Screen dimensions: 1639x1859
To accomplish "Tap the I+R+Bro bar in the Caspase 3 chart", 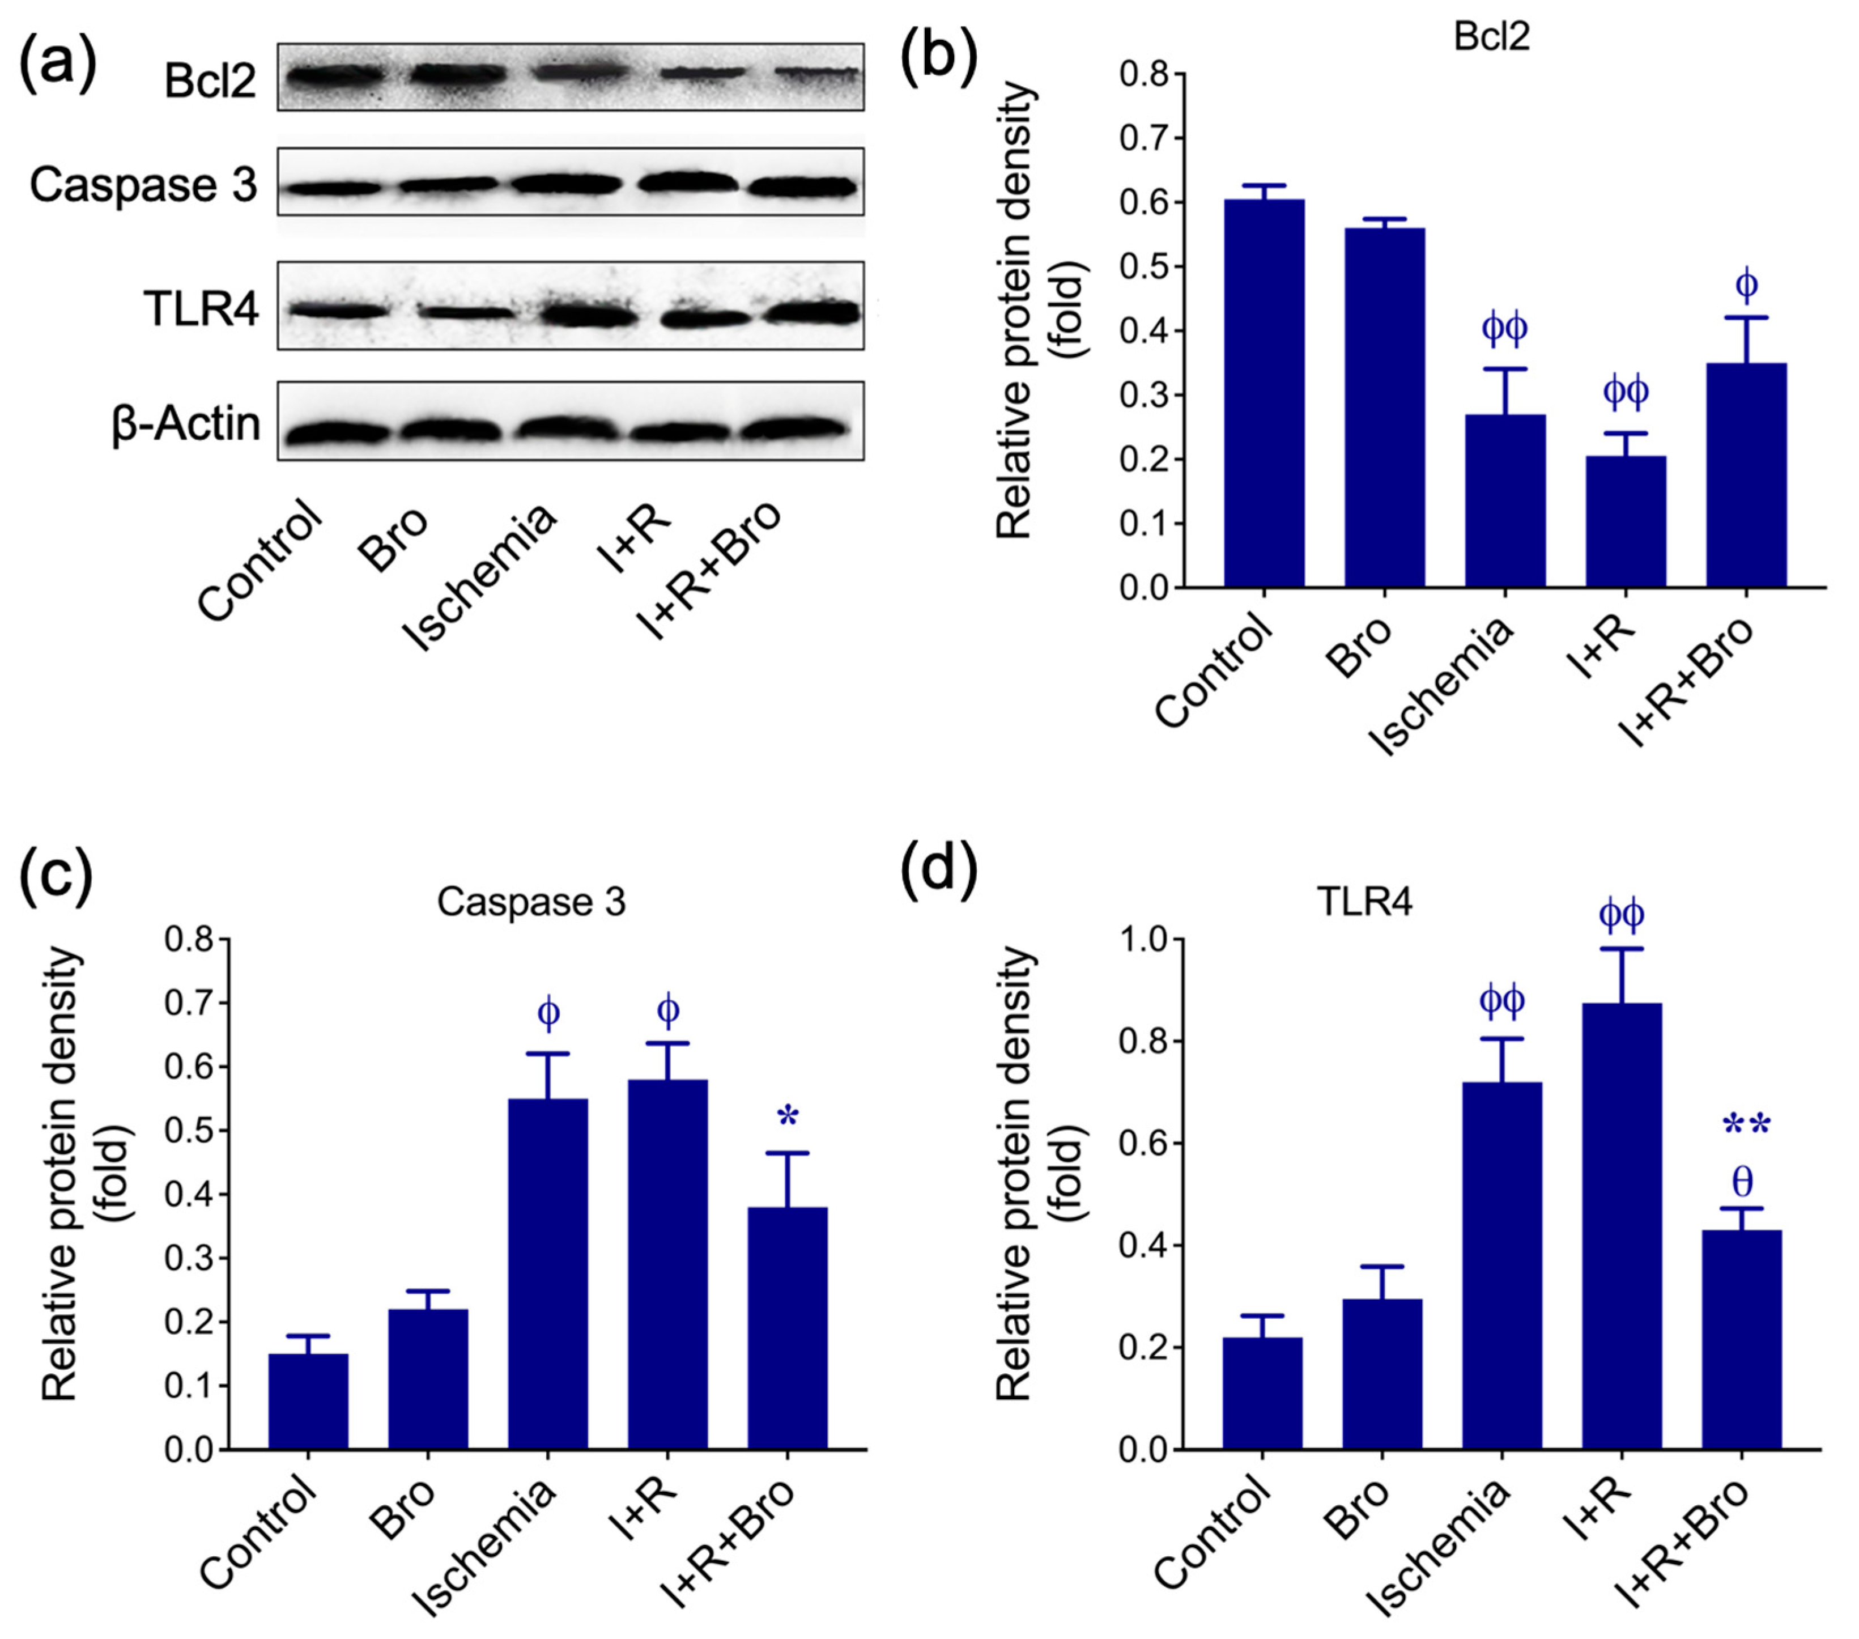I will pyautogui.click(x=786, y=1328).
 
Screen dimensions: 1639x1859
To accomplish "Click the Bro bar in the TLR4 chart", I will pyautogui.click(x=1382, y=1373).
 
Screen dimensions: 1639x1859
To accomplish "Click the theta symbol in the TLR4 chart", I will pyautogui.click(x=1742, y=1182).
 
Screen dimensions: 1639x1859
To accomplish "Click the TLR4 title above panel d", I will pyautogui.click(x=1364, y=902).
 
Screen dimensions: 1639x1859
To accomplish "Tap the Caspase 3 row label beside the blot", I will pyautogui.click(x=144, y=185).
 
